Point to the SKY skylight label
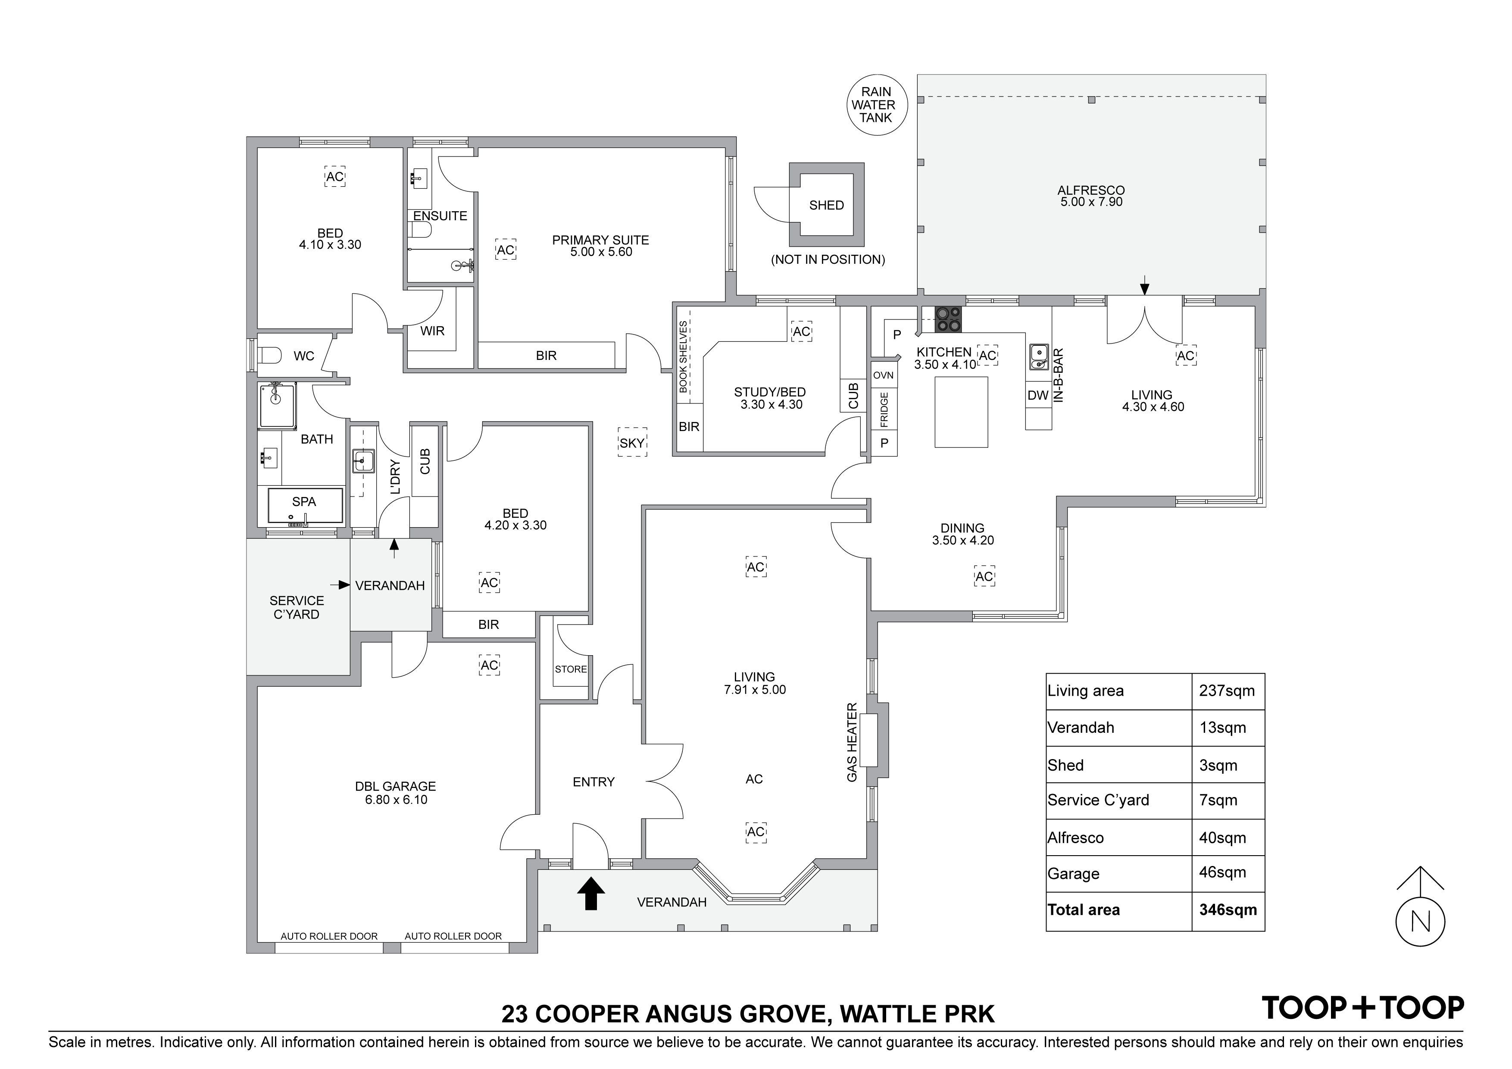point(631,443)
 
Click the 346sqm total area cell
point(1228,910)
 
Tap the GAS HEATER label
point(852,742)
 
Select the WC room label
point(303,356)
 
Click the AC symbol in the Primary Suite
point(505,250)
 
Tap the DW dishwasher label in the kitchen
point(1038,396)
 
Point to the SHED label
point(826,206)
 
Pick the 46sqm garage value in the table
point(1222,873)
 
